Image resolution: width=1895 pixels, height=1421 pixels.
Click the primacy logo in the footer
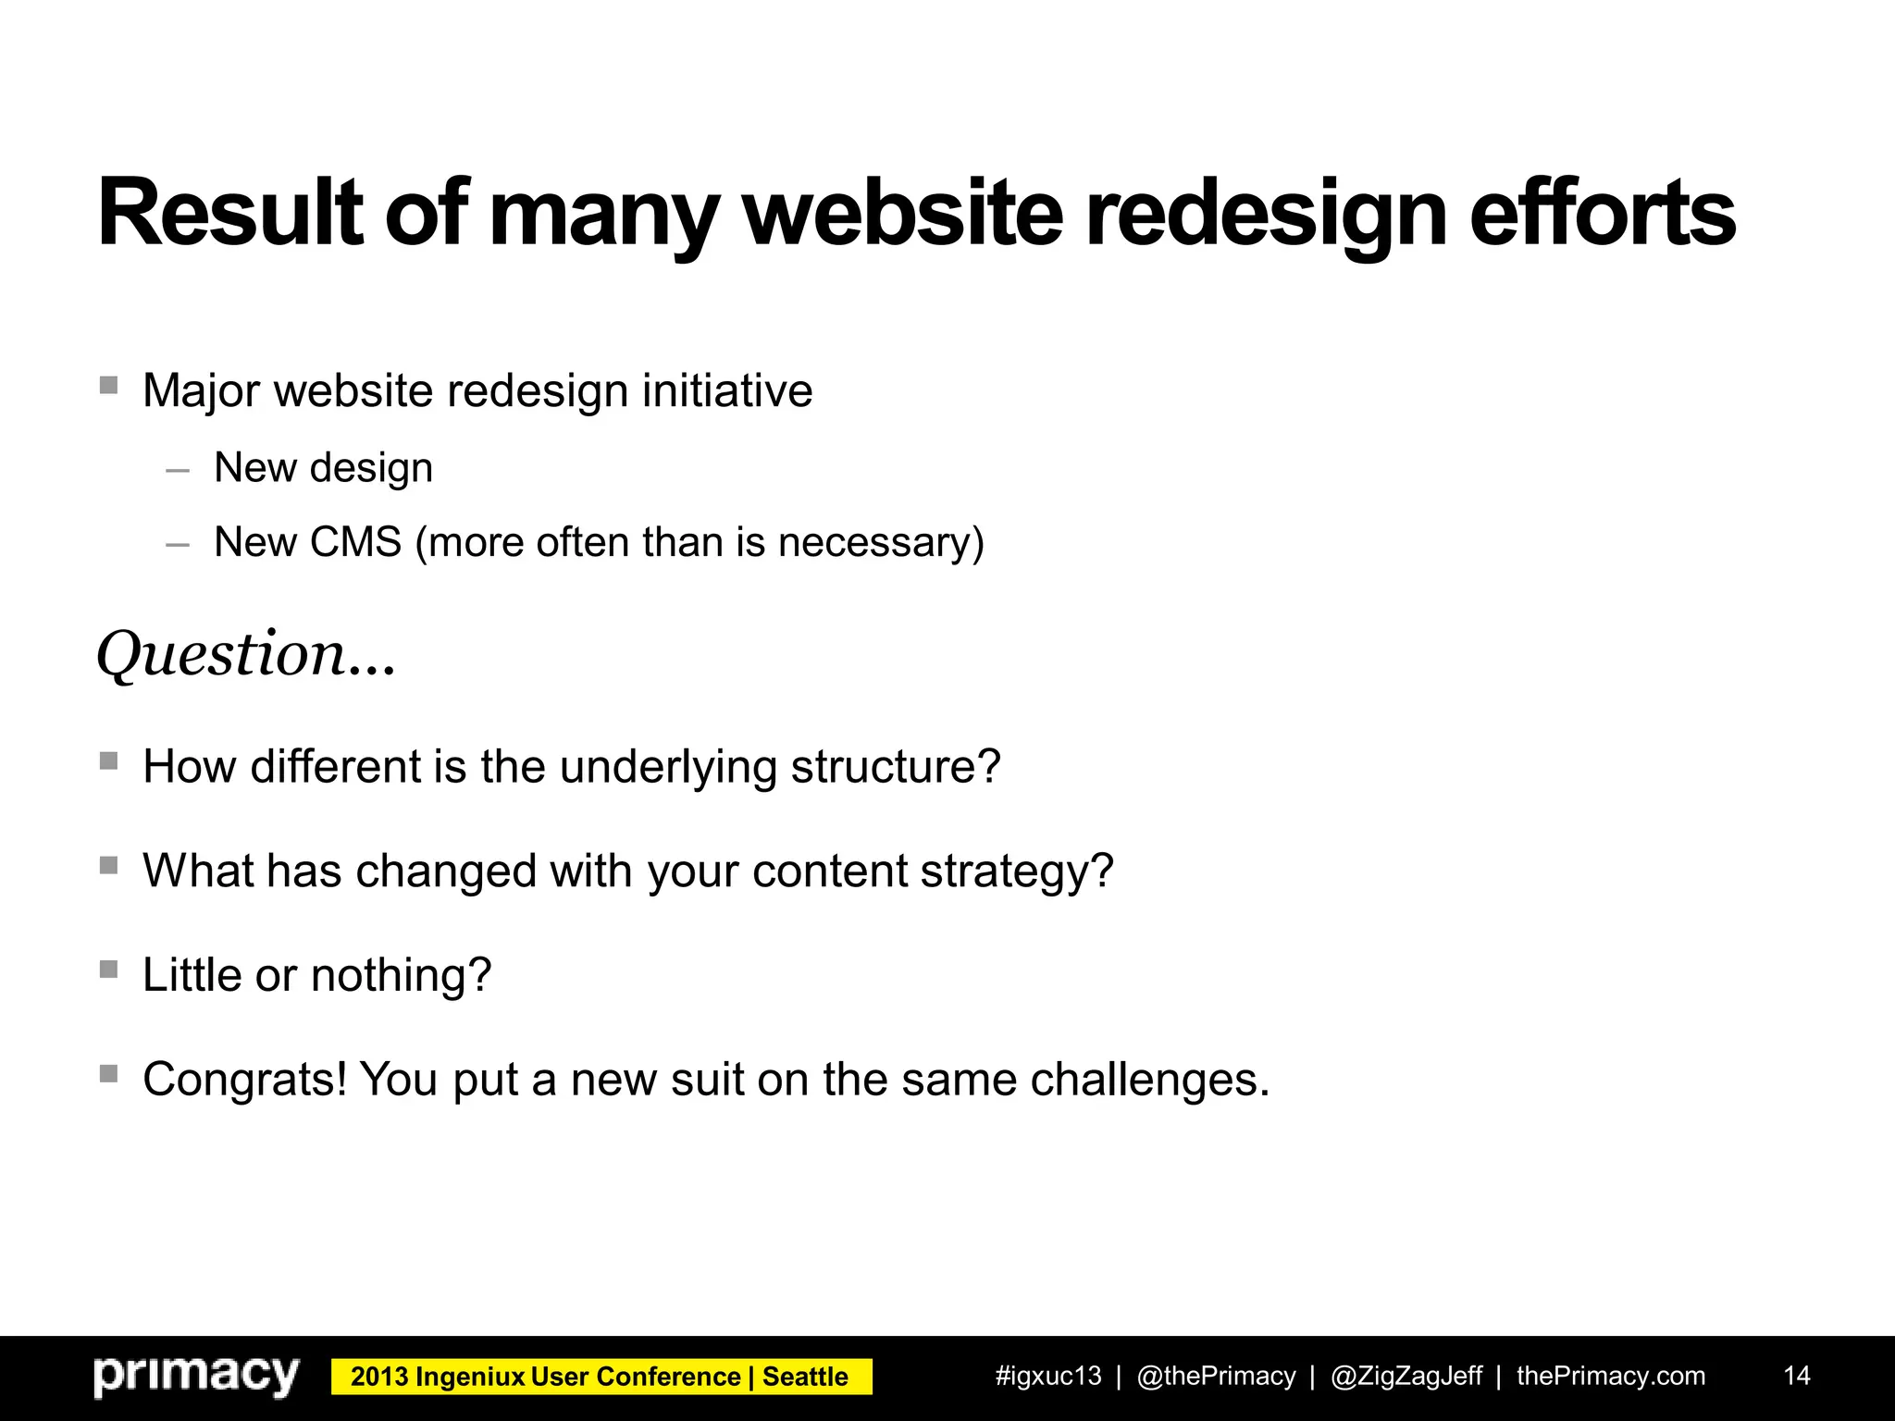coord(196,1376)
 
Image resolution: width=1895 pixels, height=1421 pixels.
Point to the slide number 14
coord(1796,1376)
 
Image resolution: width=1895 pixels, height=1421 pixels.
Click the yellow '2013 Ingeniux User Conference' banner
coord(601,1377)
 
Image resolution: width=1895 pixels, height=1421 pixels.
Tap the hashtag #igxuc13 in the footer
coord(1048,1376)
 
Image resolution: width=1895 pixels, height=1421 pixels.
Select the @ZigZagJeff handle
coord(1406,1376)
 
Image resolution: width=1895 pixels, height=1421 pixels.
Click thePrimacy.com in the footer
coord(1610,1376)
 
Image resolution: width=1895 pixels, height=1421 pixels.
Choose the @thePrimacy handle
coord(1216,1376)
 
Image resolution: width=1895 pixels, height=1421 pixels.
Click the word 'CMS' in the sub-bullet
coord(355,542)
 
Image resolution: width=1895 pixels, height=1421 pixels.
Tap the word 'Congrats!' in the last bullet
coord(245,1079)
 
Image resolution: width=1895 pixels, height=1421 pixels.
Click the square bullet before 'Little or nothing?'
coord(109,969)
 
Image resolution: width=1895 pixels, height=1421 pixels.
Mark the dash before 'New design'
coord(178,471)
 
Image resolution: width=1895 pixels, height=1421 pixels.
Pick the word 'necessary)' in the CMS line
coord(881,542)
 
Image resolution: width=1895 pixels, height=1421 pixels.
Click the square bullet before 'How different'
coord(109,760)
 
